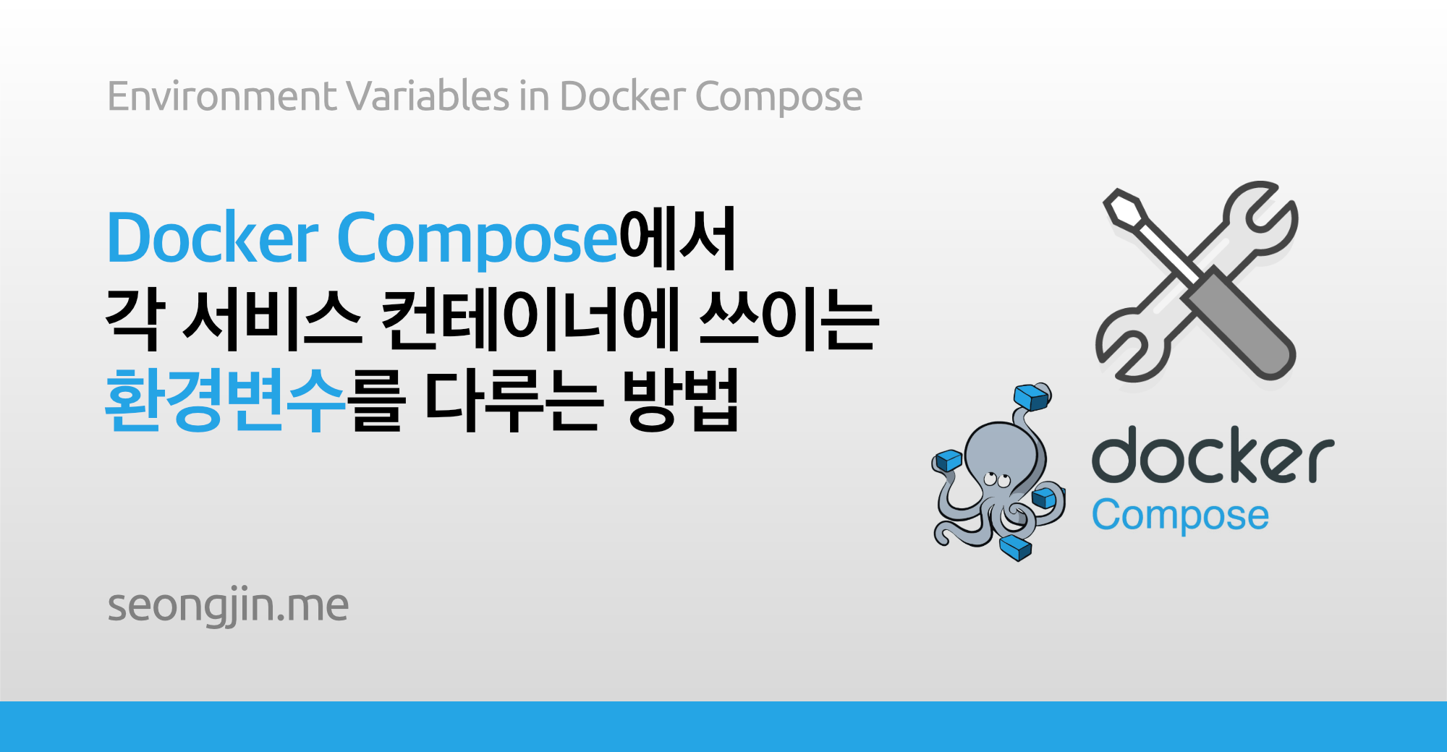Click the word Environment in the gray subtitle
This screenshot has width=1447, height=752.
coord(221,96)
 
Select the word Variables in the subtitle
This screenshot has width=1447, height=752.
coord(428,96)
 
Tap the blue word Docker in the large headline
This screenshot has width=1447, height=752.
coord(213,238)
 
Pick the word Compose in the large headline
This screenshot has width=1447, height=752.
coord(477,239)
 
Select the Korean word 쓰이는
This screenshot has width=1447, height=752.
coord(789,319)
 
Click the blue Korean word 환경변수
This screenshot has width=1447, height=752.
coord(225,400)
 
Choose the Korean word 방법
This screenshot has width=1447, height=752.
coord(680,400)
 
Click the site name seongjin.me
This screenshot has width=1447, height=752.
coord(228,605)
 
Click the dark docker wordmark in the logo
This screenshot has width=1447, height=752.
coord(1213,456)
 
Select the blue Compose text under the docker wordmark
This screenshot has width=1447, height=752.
coord(1180,516)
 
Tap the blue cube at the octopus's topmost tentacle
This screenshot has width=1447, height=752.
coord(1031,397)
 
